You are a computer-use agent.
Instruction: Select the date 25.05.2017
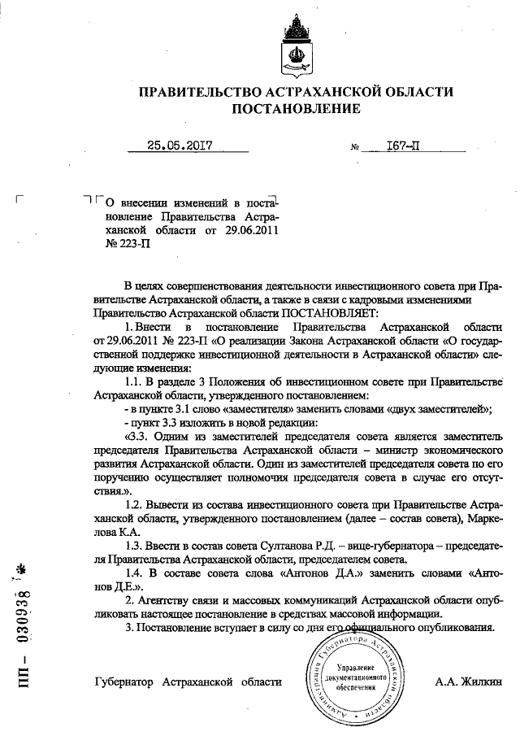tap(180, 146)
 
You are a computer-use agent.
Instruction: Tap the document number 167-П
tap(396, 146)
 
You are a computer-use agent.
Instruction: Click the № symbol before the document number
tap(354, 148)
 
